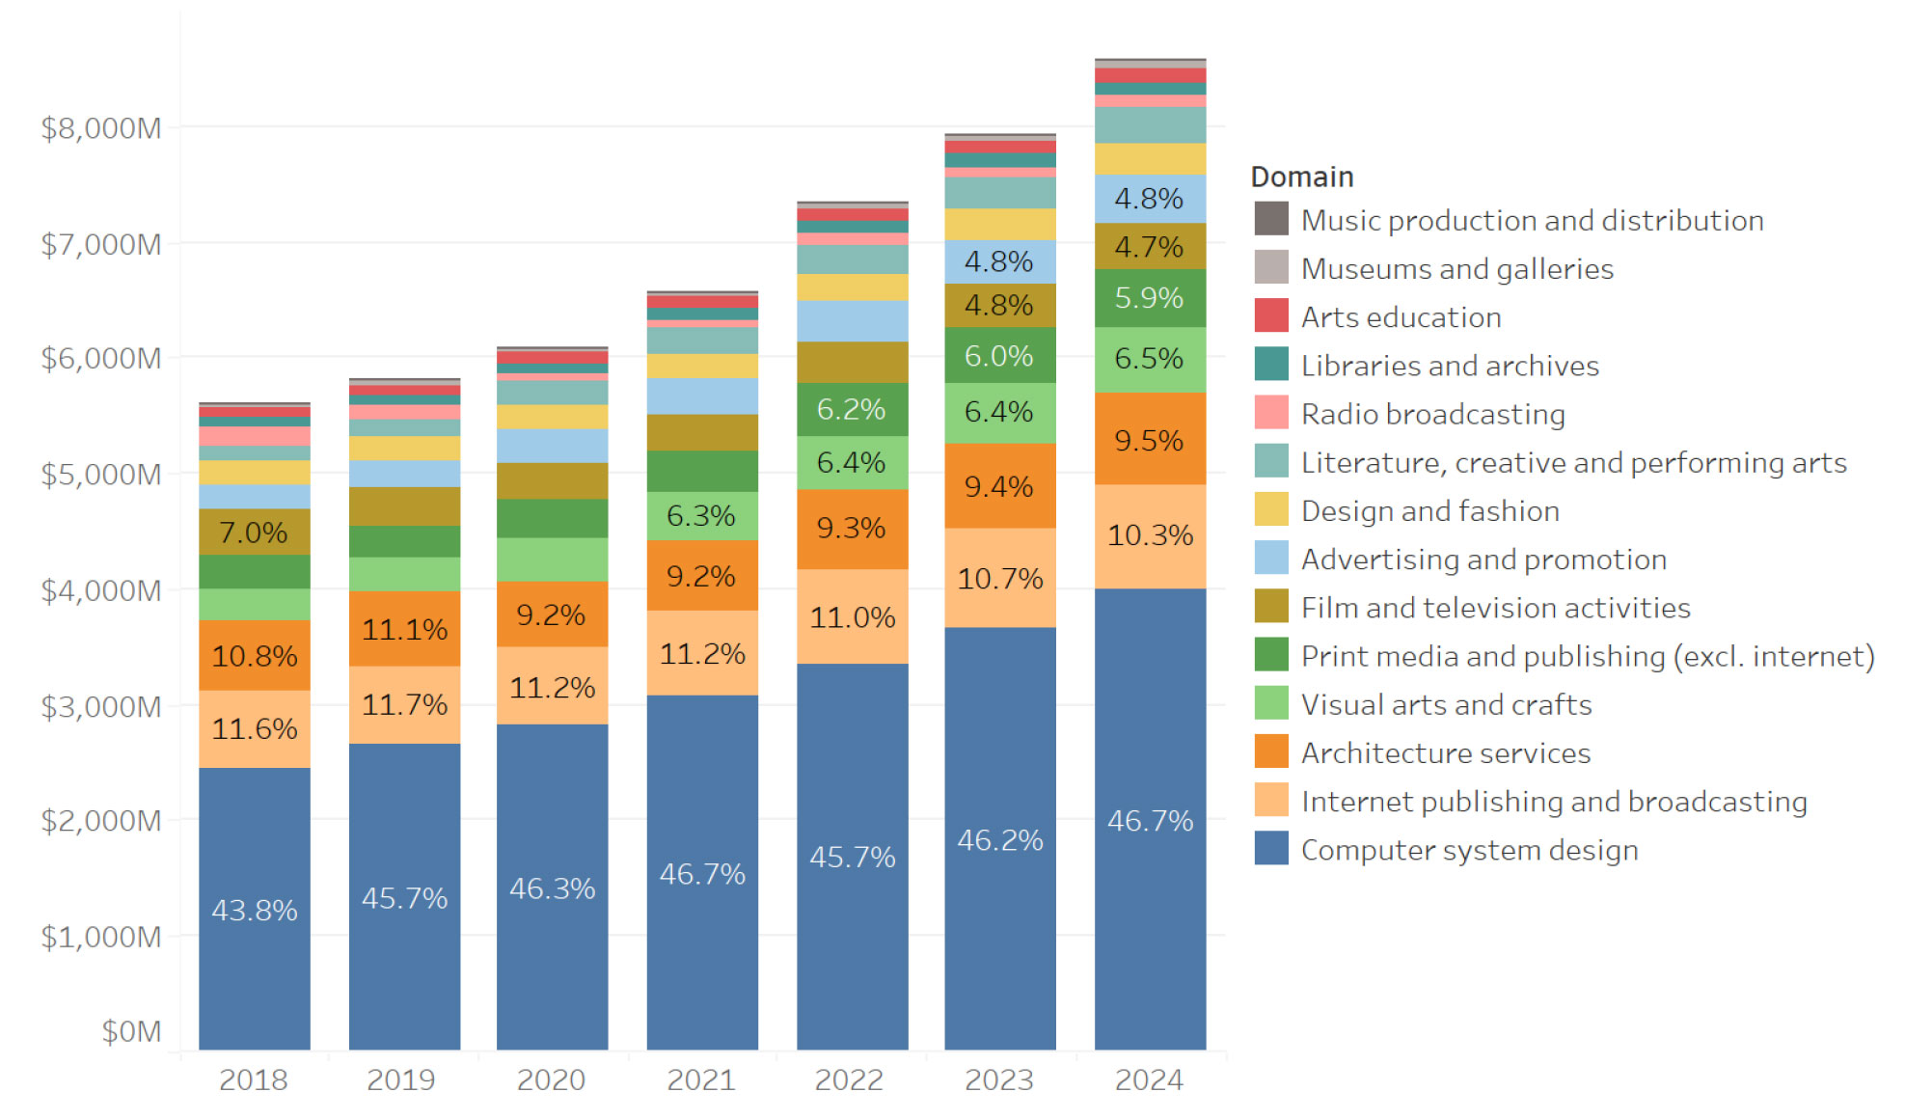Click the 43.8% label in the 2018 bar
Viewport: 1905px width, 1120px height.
[255, 910]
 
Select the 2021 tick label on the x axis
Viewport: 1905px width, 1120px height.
[701, 1079]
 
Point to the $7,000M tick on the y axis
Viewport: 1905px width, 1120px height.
[100, 244]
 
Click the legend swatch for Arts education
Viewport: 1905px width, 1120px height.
[1270, 316]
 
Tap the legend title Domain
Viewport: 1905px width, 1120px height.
[1302, 177]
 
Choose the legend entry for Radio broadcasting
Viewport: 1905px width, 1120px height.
[1432, 414]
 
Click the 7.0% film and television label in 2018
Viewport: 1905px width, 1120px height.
[254, 533]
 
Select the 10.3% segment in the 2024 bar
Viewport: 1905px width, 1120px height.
[1150, 535]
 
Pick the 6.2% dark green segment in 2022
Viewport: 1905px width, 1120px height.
[851, 409]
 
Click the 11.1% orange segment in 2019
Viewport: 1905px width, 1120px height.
[404, 630]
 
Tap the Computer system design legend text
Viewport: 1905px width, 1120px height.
[1469, 850]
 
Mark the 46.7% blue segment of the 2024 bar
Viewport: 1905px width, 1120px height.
[1150, 821]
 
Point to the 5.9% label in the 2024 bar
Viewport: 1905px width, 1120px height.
[1149, 298]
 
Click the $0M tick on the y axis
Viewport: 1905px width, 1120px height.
[131, 1031]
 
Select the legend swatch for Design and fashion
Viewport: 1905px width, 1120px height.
[1270, 510]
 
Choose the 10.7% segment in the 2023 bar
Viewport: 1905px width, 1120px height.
[1000, 579]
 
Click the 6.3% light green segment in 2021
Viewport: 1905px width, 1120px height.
[701, 516]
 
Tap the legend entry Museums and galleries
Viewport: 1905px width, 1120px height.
[1456, 268]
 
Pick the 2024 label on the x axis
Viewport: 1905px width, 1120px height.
[1149, 1079]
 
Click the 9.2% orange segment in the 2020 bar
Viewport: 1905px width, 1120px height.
[551, 615]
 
